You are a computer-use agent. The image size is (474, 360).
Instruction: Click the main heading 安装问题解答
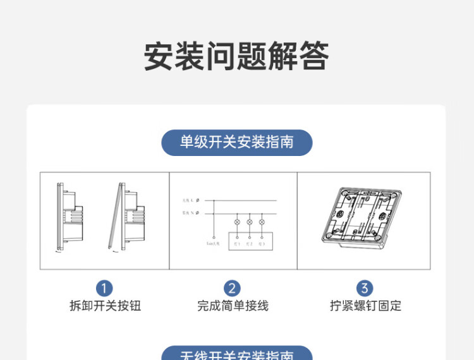pyautogui.click(x=236, y=56)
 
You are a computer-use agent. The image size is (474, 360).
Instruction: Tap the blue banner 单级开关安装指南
pyautogui.click(x=237, y=142)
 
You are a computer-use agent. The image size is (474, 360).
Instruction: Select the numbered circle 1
pyautogui.click(x=104, y=289)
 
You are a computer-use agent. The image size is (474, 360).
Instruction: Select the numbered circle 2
pyautogui.click(x=232, y=289)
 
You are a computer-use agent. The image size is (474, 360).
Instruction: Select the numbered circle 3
pyautogui.click(x=365, y=289)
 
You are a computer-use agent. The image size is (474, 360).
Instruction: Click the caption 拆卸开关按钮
pyautogui.click(x=105, y=306)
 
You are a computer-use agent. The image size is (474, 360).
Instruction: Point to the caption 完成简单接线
pyautogui.click(x=233, y=306)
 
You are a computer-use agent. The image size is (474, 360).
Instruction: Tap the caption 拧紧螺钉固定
pyautogui.click(x=365, y=306)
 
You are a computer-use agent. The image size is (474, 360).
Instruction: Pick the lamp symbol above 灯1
pyautogui.click(x=237, y=222)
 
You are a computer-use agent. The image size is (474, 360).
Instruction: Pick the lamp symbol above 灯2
pyautogui.click(x=250, y=222)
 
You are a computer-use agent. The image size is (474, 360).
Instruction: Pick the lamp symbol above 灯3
pyautogui.click(x=262, y=222)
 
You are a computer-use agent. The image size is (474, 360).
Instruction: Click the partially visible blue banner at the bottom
pyautogui.click(x=237, y=354)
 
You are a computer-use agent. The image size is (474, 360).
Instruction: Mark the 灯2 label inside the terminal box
pyautogui.click(x=250, y=244)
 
